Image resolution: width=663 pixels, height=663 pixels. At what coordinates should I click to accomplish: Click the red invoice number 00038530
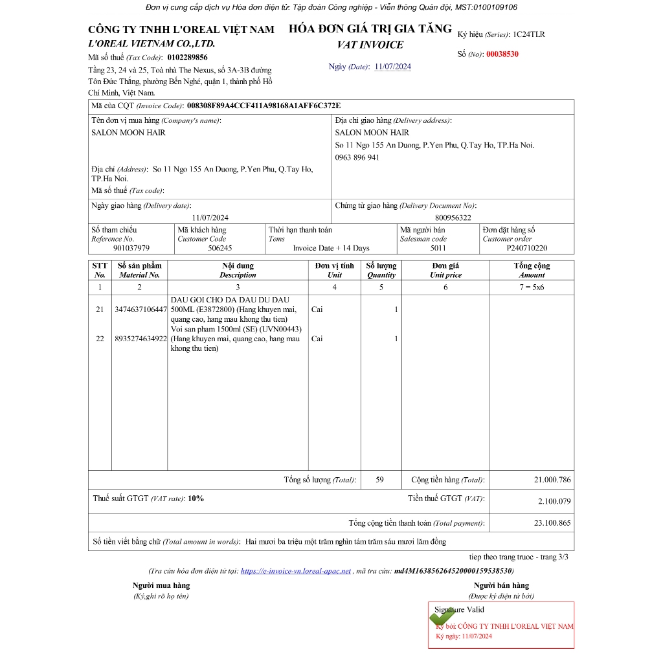point(502,54)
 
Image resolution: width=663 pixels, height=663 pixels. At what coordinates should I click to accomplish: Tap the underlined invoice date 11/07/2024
point(392,67)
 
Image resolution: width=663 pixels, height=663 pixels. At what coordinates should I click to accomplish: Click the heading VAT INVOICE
point(370,45)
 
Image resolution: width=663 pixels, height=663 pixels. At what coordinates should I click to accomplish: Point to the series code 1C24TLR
point(528,34)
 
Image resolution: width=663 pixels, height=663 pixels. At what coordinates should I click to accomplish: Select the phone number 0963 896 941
point(357,157)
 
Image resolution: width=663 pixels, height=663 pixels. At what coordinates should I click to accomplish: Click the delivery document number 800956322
point(453,218)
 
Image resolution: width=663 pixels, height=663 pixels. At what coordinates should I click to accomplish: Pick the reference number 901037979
point(131,248)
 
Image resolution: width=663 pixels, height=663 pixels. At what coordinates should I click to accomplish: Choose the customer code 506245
point(219,248)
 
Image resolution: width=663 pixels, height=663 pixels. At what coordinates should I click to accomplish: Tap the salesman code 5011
point(438,248)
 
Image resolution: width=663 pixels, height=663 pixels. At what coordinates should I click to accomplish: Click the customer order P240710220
point(526,248)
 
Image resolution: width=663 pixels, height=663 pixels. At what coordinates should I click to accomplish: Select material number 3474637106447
point(140,309)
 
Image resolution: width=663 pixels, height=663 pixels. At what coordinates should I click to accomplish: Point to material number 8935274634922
point(140,339)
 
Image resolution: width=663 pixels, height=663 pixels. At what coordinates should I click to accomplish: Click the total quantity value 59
point(379,480)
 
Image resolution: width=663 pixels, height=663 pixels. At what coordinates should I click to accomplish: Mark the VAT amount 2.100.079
point(554,501)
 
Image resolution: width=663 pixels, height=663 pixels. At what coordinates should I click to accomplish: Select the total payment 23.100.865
point(552,523)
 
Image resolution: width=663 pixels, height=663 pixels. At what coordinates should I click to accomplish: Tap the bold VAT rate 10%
point(196,499)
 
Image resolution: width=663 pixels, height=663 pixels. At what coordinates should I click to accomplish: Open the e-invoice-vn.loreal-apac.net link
point(295,571)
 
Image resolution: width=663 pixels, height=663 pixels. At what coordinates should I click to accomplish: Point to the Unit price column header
point(445,270)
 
